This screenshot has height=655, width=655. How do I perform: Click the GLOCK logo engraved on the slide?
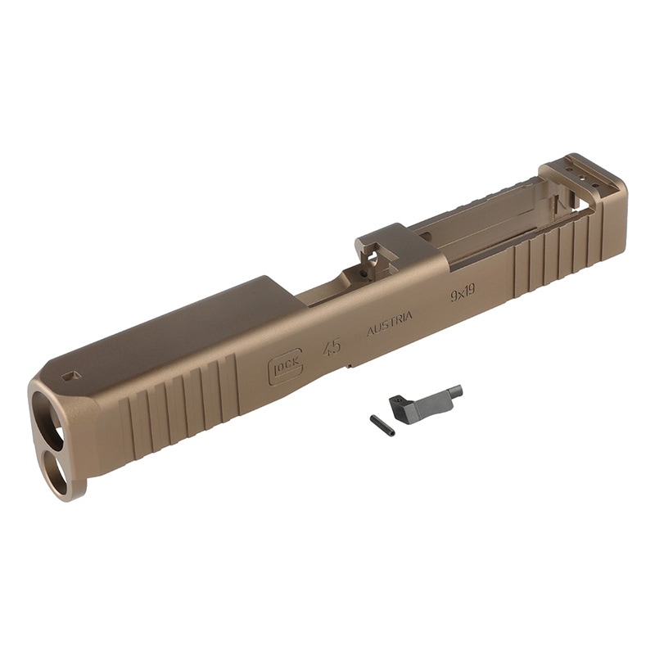[286, 366]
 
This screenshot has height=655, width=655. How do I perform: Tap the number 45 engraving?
[332, 346]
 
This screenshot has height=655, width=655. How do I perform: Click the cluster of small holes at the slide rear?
[576, 174]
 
